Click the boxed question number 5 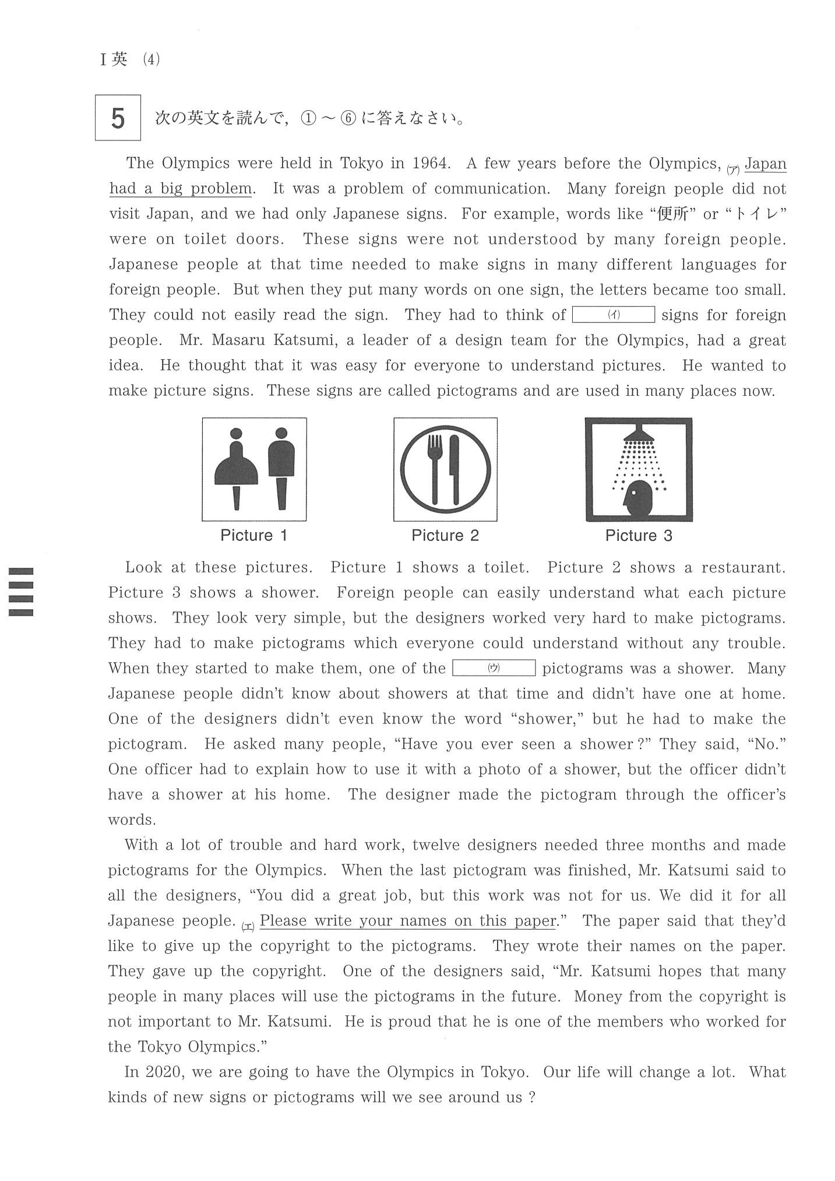click(118, 118)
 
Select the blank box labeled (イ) click(614, 315)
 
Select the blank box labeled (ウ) click(494, 668)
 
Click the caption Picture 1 click(254, 536)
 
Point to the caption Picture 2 click(445, 536)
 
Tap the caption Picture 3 click(639, 536)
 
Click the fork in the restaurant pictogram click(435, 466)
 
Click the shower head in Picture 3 click(639, 434)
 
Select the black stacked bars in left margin click(21, 591)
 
